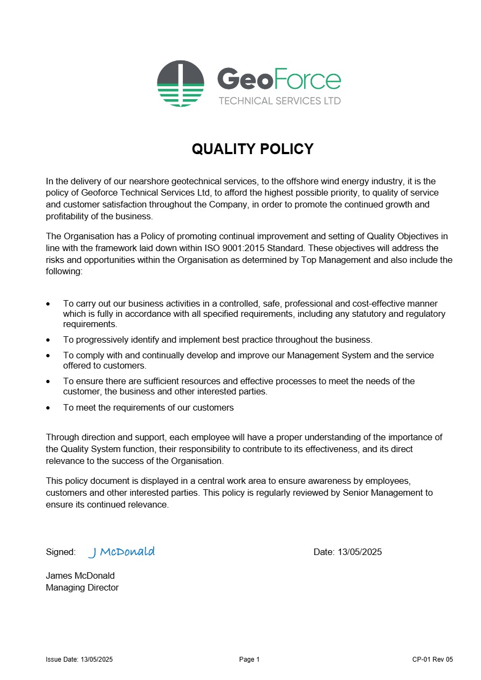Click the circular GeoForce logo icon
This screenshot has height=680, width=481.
[x=181, y=84]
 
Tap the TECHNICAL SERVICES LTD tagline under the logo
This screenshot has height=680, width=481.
[x=279, y=101]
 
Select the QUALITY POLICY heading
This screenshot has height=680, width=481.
[x=252, y=149]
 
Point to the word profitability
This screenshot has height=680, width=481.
[x=68, y=217]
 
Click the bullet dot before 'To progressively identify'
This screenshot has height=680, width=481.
[x=49, y=341]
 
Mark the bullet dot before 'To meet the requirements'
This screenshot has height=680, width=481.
[x=49, y=408]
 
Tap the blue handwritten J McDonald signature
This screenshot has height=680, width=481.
[x=121, y=552]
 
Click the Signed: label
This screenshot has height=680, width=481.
[x=60, y=552]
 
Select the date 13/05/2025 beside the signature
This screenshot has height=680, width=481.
[x=359, y=552]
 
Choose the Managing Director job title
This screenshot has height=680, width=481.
[x=82, y=588]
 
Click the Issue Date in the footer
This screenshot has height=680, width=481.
[x=79, y=660]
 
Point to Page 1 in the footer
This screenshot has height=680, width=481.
[x=250, y=660]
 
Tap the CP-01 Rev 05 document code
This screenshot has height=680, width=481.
[x=432, y=660]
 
